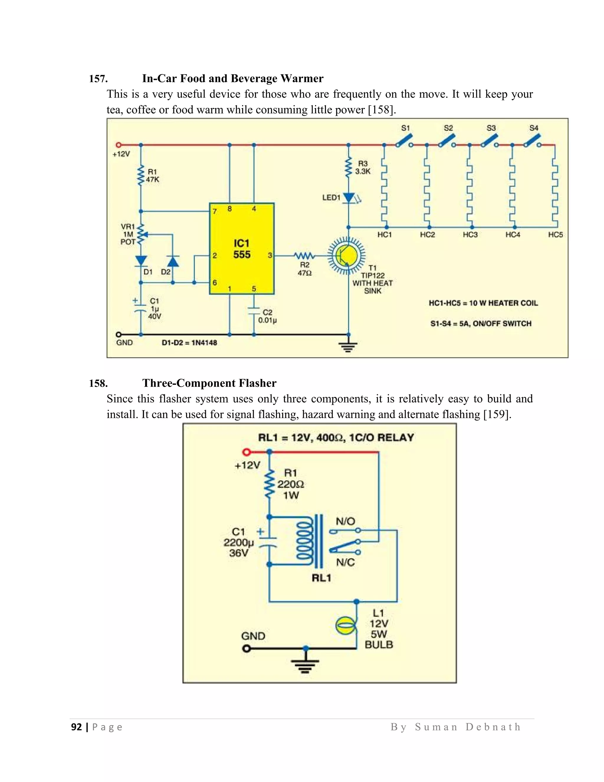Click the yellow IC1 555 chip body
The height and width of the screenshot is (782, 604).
pos(242,248)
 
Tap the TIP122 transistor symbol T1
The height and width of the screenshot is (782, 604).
pos(346,255)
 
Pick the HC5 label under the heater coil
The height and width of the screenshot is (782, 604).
pos(555,235)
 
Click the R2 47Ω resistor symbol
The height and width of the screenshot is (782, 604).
pos(304,256)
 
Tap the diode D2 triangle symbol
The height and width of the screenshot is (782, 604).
pos(173,261)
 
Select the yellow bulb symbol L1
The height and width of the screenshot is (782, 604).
pos(346,626)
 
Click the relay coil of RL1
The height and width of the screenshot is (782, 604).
pos(304,541)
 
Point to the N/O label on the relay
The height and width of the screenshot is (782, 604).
pos(345,521)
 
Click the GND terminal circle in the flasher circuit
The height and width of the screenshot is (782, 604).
pos(246,648)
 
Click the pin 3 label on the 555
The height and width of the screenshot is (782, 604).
pos(270,255)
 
